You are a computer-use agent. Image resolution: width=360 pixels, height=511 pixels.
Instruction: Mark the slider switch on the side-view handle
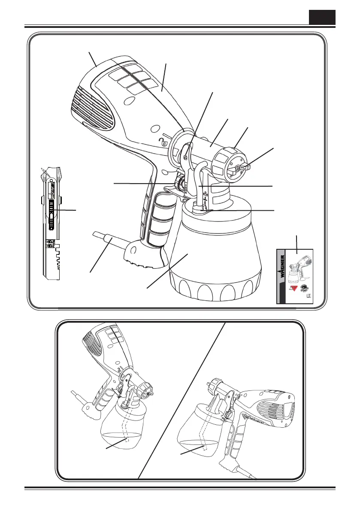(51, 212)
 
